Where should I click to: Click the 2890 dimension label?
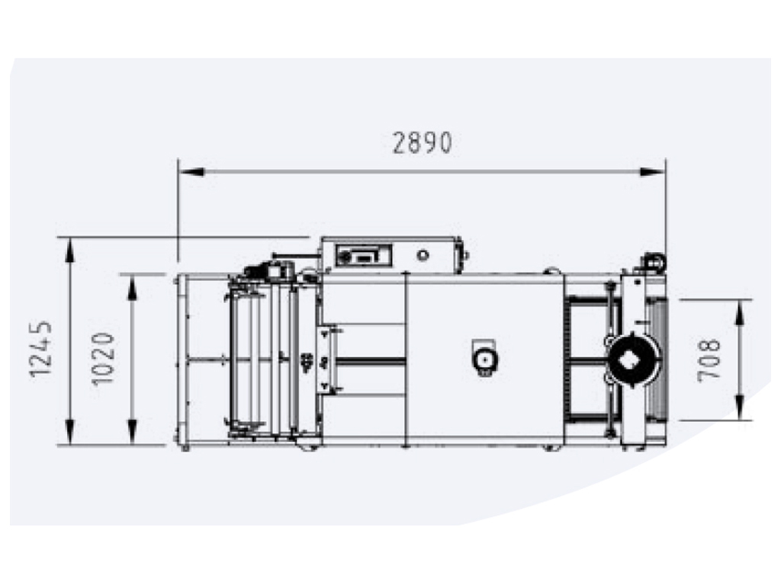(423, 142)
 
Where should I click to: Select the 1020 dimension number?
(104, 358)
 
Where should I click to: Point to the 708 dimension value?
(709, 360)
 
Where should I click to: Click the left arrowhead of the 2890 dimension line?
(191, 171)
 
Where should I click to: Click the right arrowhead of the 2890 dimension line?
(653, 171)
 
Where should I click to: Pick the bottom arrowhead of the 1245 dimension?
(69, 432)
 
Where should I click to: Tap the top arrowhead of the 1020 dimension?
(132, 287)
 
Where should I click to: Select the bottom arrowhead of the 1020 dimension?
(132, 432)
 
